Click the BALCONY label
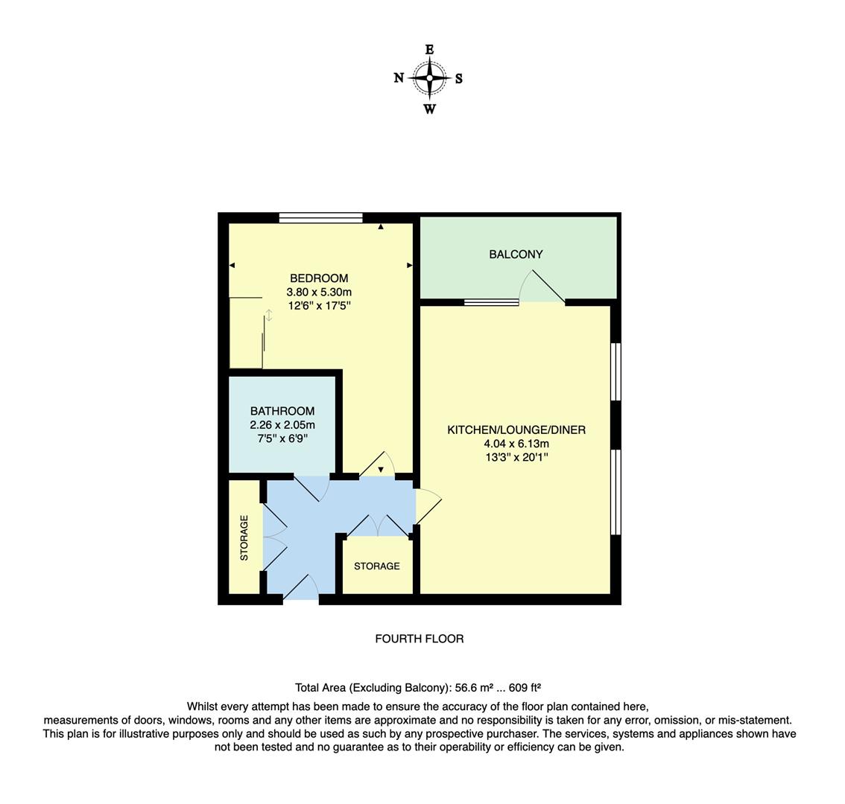click(516, 255)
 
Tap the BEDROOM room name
click(319, 278)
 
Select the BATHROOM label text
click(282, 411)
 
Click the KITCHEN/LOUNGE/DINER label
click(516, 430)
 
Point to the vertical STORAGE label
click(244, 537)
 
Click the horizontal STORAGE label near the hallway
click(376, 567)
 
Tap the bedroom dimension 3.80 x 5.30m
click(319, 293)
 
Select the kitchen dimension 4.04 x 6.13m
click(516, 444)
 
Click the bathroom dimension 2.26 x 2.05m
click(282, 425)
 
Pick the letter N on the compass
click(399, 78)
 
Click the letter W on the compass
click(430, 109)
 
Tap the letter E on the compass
click(430, 50)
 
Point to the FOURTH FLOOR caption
click(419, 639)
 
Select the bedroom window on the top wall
click(320, 218)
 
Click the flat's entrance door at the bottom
click(301, 588)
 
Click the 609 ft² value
click(525, 688)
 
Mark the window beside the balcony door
click(491, 302)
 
